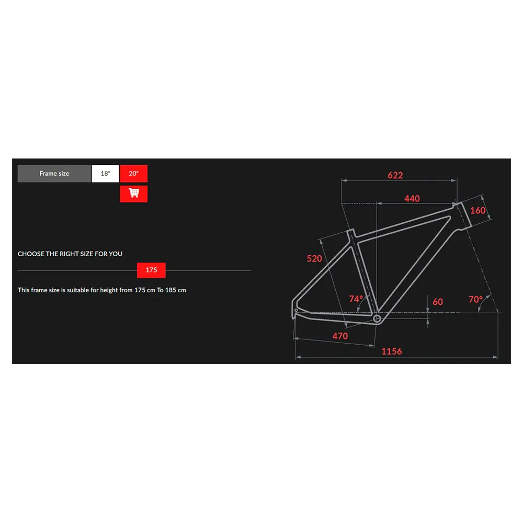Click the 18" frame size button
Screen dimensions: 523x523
[x=105, y=174]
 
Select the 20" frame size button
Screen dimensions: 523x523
[x=133, y=174]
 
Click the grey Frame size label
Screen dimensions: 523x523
[x=54, y=174]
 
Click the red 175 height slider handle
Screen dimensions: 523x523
[x=151, y=270]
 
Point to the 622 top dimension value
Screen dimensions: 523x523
[x=395, y=175]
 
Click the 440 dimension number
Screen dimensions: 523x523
[x=412, y=199]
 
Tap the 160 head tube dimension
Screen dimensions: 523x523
[x=477, y=210]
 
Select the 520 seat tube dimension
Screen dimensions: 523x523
[x=314, y=258]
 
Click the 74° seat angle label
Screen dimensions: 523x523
[x=356, y=299]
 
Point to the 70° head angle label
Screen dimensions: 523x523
[x=475, y=300]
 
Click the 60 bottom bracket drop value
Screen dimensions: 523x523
[x=438, y=302]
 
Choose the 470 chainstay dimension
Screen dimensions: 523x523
[x=340, y=336]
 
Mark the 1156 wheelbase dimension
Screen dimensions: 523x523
[x=392, y=351]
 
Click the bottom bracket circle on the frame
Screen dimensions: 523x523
[x=377, y=319]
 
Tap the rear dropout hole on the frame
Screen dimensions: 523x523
[x=296, y=310]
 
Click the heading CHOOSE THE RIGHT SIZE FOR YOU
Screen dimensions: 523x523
[x=70, y=254]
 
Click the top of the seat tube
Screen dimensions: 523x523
[x=350, y=232]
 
